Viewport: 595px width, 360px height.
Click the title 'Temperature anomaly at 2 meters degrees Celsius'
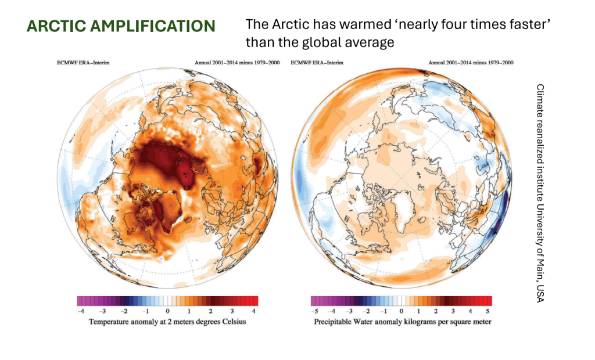(x=167, y=322)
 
